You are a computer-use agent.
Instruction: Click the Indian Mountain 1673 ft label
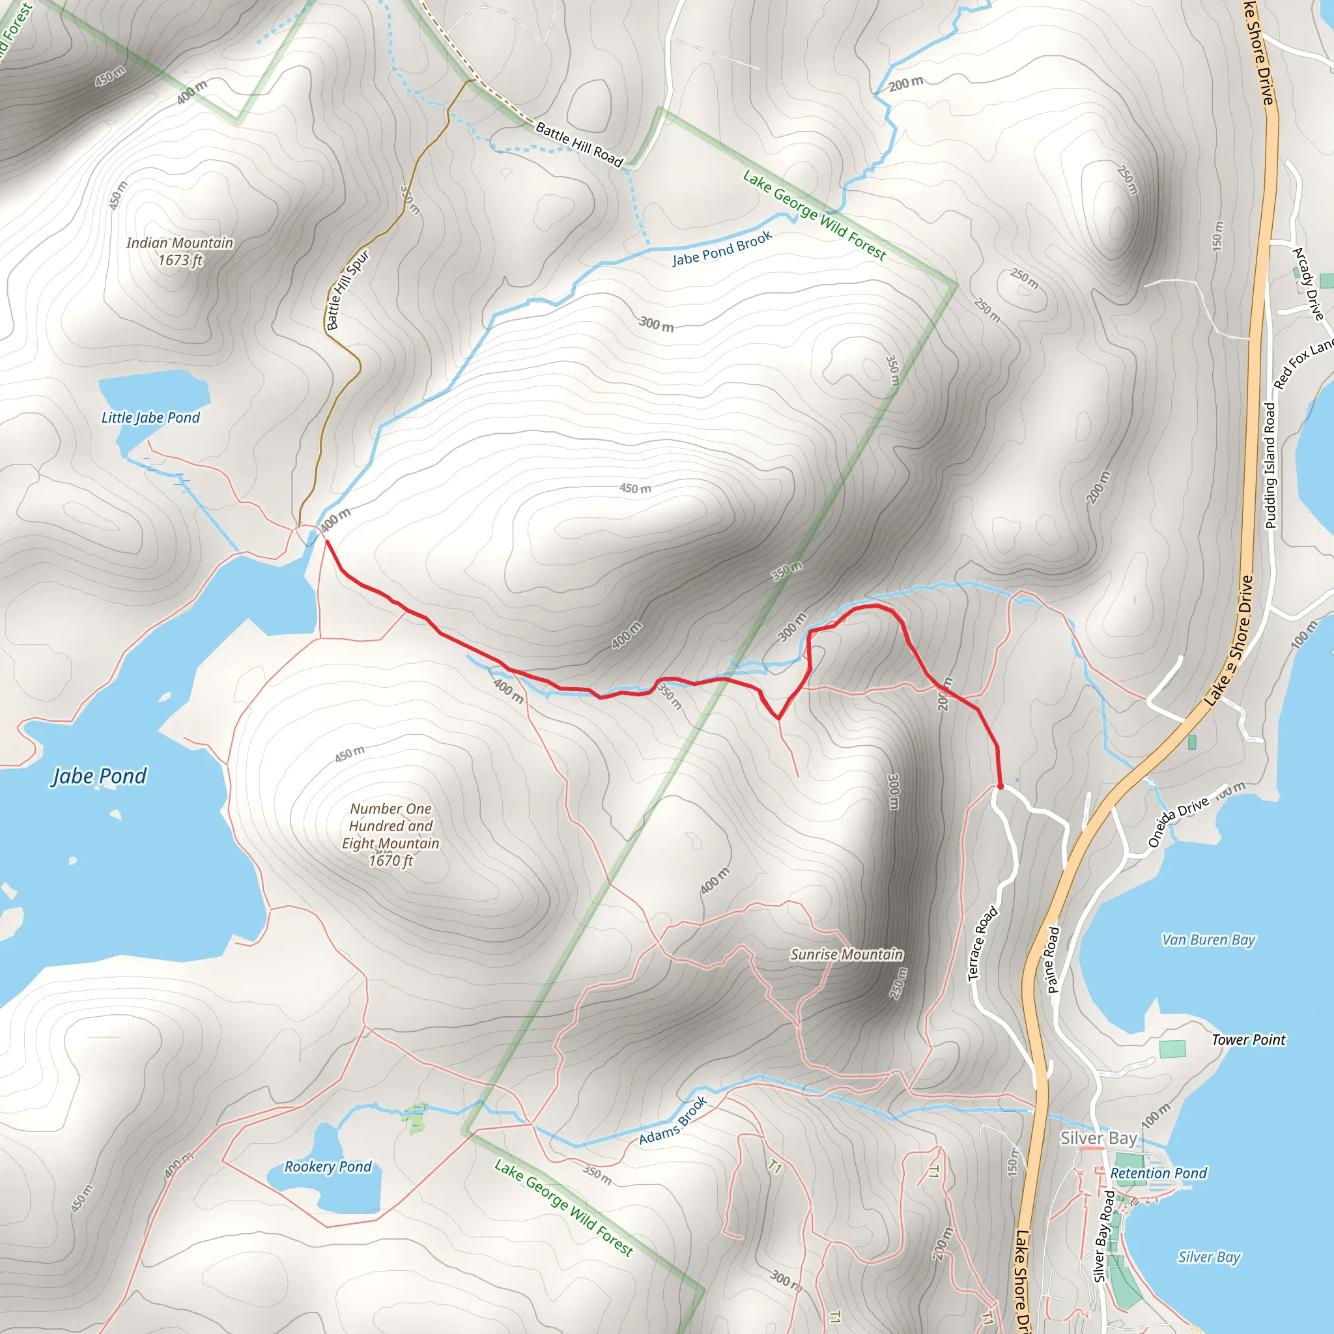click(x=180, y=251)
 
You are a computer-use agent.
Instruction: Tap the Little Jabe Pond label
click(x=150, y=418)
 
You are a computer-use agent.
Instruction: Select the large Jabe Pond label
click(x=100, y=776)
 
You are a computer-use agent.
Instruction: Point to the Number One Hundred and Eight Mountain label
click(x=391, y=834)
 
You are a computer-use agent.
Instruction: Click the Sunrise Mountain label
click(x=847, y=954)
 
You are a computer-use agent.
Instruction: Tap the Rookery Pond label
click(x=328, y=1166)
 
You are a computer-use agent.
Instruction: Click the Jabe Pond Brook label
click(x=722, y=249)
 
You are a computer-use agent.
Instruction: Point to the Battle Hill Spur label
click(x=347, y=290)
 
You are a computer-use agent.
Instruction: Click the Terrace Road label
click(x=982, y=943)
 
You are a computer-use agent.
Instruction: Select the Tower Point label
click(x=1249, y=1040)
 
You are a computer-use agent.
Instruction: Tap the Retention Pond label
click(x=1159, y=1173)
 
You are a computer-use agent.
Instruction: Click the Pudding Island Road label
click(x=1270, y=466)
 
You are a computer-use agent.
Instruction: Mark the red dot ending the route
click(x=1000, y=786)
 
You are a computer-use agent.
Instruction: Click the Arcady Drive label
click(x=1308, y=284)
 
